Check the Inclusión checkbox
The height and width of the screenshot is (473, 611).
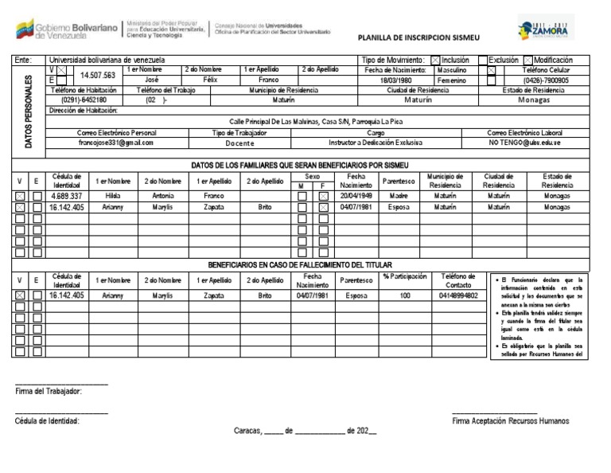pyautogui.click(x=435, y=60)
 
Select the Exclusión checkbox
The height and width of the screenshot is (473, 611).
pyautogui.click(x=483, y=60)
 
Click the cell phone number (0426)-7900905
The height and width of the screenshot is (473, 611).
pyautogui.click(x=546, y=80)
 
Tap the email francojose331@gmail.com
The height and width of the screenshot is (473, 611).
pyautogui.click(x=116, y=143)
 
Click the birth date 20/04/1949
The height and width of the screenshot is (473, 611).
pyautogui.click(x=356, y=195)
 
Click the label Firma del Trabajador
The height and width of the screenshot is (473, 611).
pyautogui.click(x=49, y=391)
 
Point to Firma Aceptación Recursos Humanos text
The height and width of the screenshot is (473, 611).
pyautogui.click(x=510, y=420)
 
